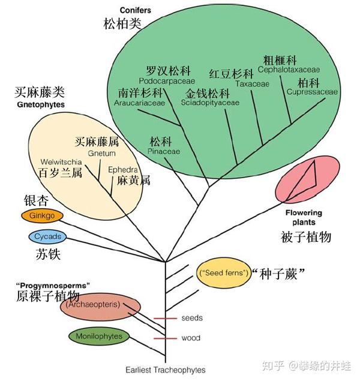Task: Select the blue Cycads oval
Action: (x=47, y=236)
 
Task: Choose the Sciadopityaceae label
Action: (x=209, y=103)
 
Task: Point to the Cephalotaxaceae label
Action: (x=289, y=70)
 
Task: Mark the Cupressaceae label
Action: (x=312, y=92)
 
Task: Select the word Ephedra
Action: (x=122, y=170)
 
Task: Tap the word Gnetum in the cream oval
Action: (x=101, y=154)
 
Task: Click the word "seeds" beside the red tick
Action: (x=192, y=317)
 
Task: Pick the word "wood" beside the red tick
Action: (x=191, y=338)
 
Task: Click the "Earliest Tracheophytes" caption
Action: (x=165, y=370)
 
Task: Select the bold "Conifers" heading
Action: (x=136, y=10)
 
